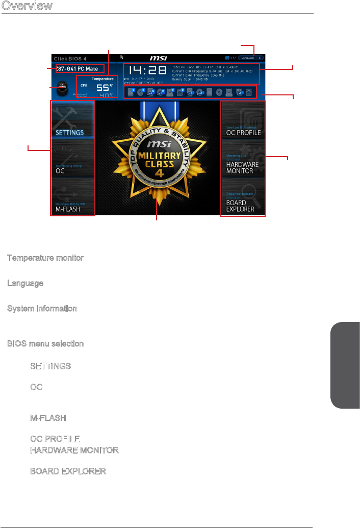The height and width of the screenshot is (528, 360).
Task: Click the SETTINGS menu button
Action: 72,120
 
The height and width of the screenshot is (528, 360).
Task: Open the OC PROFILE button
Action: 243,120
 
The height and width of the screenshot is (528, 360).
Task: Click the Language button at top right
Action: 248,58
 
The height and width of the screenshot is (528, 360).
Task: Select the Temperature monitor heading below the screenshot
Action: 45,258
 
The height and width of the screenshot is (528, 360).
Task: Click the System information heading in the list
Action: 42,309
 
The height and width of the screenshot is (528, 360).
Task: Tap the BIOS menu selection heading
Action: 45,344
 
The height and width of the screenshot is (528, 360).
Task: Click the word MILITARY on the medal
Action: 158,156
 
